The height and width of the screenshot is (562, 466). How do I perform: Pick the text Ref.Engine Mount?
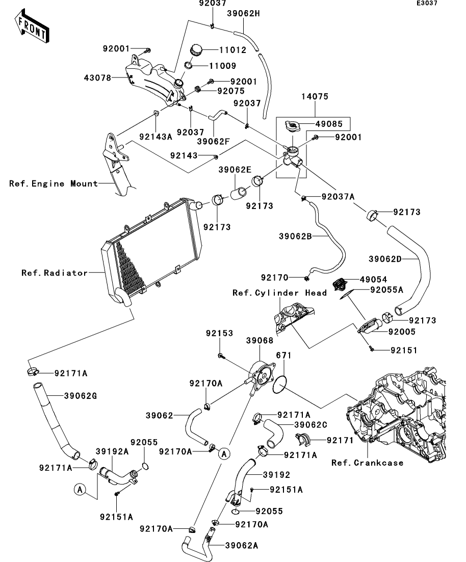53,183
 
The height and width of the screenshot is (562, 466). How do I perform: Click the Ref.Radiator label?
55,273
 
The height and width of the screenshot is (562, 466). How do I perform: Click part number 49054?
373,279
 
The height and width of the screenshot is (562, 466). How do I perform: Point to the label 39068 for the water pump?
260,340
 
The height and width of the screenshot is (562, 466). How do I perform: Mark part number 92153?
219,333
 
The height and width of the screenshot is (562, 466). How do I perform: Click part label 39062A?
241,546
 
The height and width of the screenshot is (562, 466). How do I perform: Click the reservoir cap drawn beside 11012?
196,50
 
